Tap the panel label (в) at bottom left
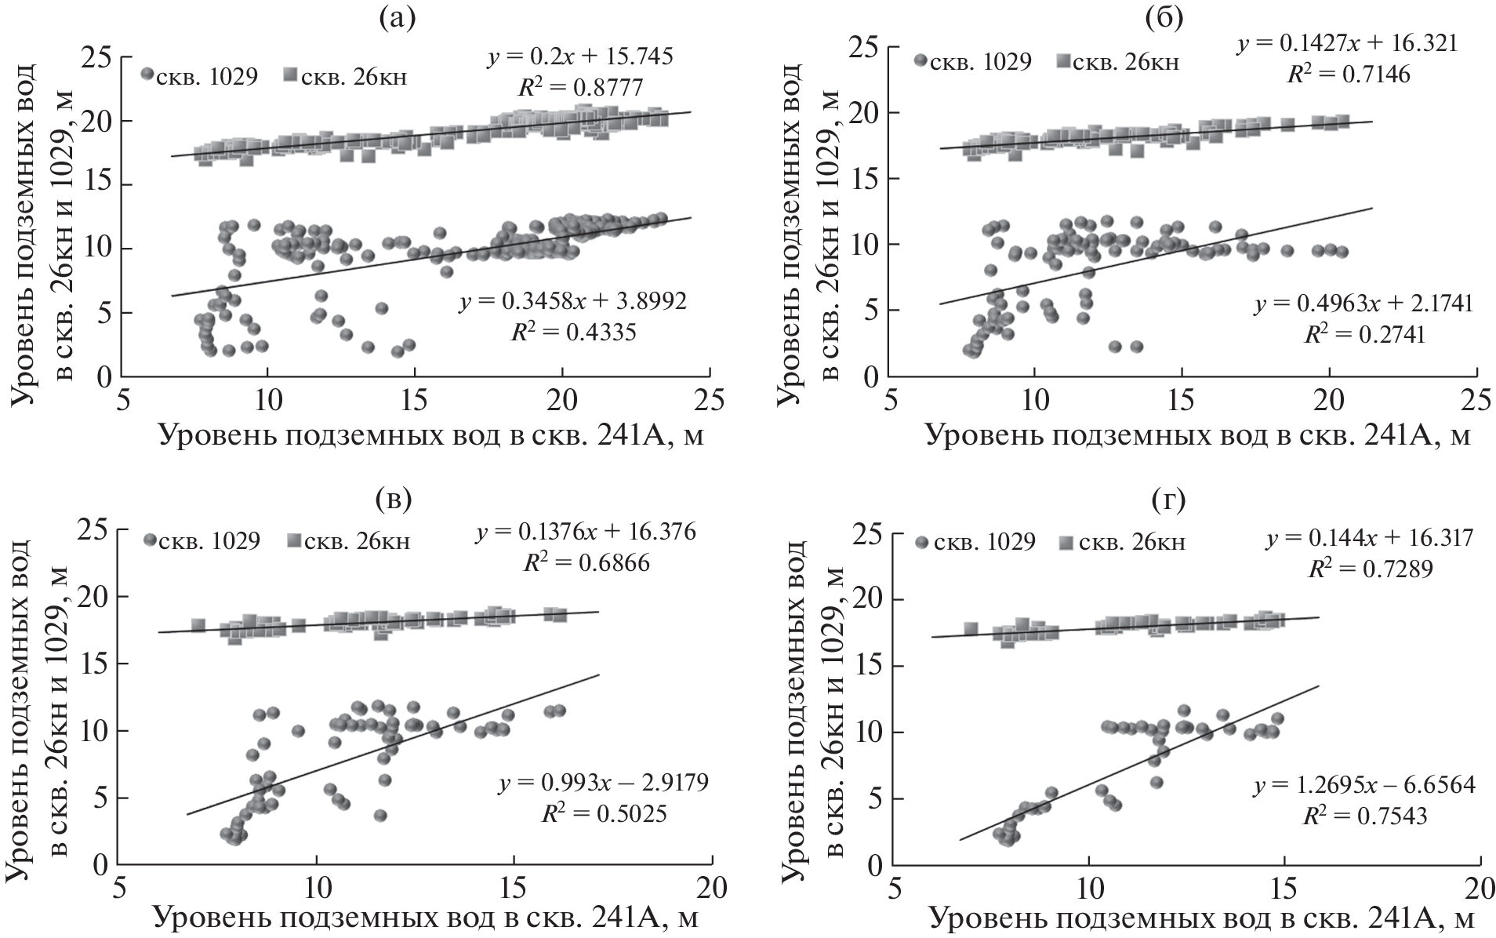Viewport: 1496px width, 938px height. [x=394, y=500]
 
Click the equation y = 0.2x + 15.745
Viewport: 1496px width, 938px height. [x=580, y=57]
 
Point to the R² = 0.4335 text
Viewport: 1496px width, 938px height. [x=573, y=333]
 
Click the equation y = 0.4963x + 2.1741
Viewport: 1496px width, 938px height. [x=1363, y=304]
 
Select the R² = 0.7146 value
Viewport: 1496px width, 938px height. [x=1349, y=75]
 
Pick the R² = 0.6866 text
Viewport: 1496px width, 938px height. [x=586, y=563]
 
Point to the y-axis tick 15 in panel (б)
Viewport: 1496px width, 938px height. [x=862, y=179]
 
